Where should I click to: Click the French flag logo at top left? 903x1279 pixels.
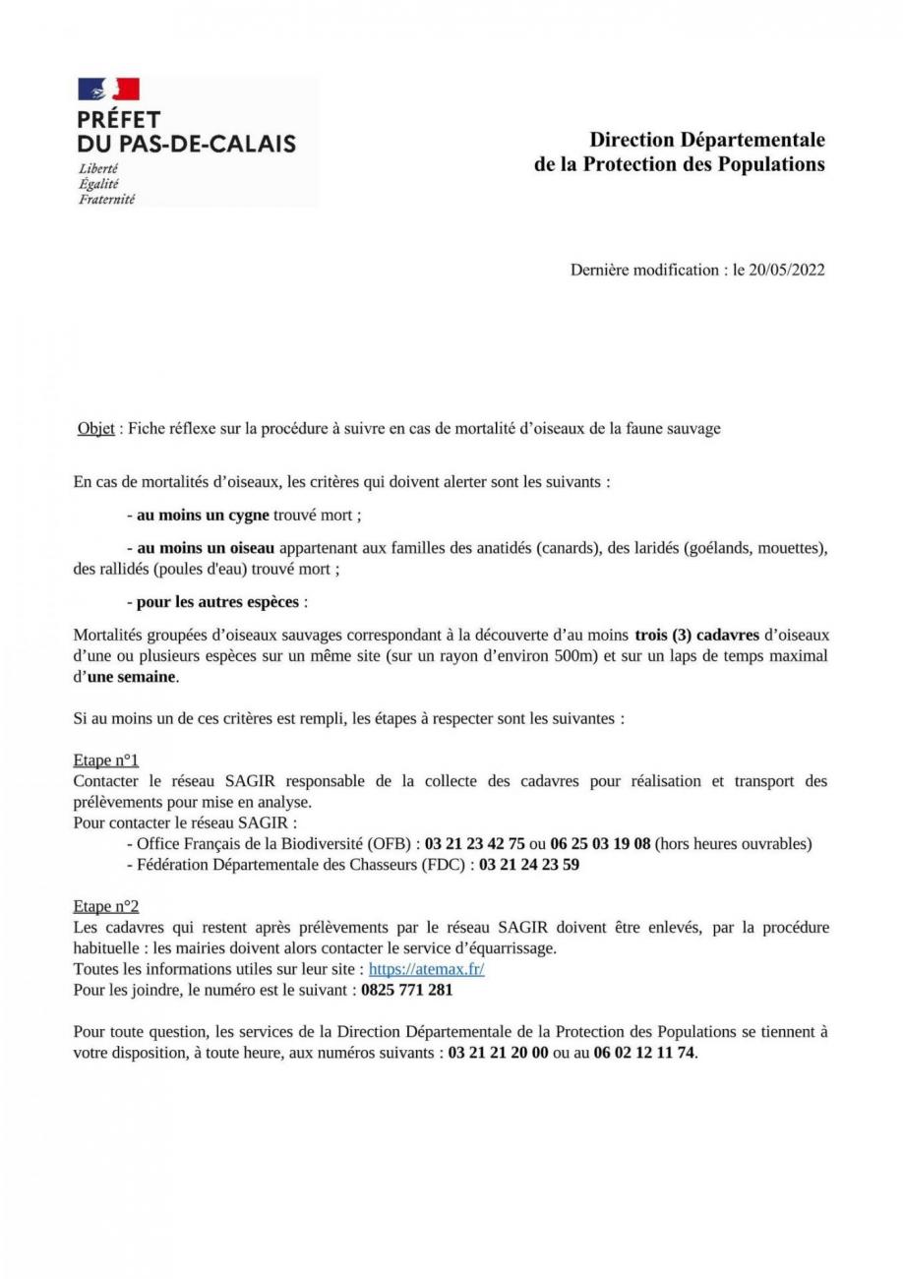click(x=108, y=91)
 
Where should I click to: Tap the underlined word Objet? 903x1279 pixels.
click(x=95, y=429)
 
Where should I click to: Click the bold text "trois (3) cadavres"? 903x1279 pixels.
click(x=697, y=636)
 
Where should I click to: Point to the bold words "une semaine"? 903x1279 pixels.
click(x=132, y=677)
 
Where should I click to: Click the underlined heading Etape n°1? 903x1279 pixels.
click(x=106, y=760)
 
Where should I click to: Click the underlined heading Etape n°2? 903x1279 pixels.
click(x=106, y=905)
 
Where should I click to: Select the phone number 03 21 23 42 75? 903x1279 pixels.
click(x=475, y=843)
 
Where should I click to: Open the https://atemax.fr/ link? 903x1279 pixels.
click(x=426, y=969)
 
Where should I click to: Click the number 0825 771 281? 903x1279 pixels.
click(x=406, y=990)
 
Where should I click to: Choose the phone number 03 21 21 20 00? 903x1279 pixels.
click(x=498, y=1051)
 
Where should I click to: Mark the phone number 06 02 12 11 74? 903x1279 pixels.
click(x=643, y=1051)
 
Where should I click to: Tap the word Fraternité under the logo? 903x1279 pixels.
click(x=106, y=199)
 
